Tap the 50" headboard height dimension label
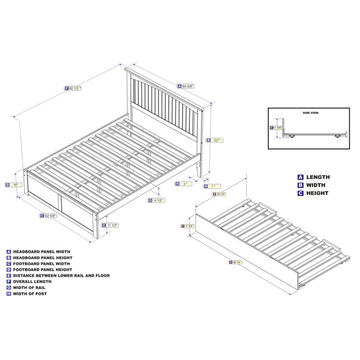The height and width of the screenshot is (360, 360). tap(215, 140)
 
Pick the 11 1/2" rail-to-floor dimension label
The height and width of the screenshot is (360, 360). tap(112, 225)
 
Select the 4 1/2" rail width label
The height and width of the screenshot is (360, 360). tap(157, 200)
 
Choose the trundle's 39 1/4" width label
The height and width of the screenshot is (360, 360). tap(220, 194)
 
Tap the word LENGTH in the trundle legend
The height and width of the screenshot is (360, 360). tap(318, 177)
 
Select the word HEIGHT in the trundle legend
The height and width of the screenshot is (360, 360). tap(318, 193)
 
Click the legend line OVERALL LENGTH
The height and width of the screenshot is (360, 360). tap(32, 281)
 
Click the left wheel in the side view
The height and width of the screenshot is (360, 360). tap(292, 136)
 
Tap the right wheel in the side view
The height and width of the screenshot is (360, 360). tap(338, 136)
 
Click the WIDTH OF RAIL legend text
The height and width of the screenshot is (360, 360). tap(29, 287)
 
